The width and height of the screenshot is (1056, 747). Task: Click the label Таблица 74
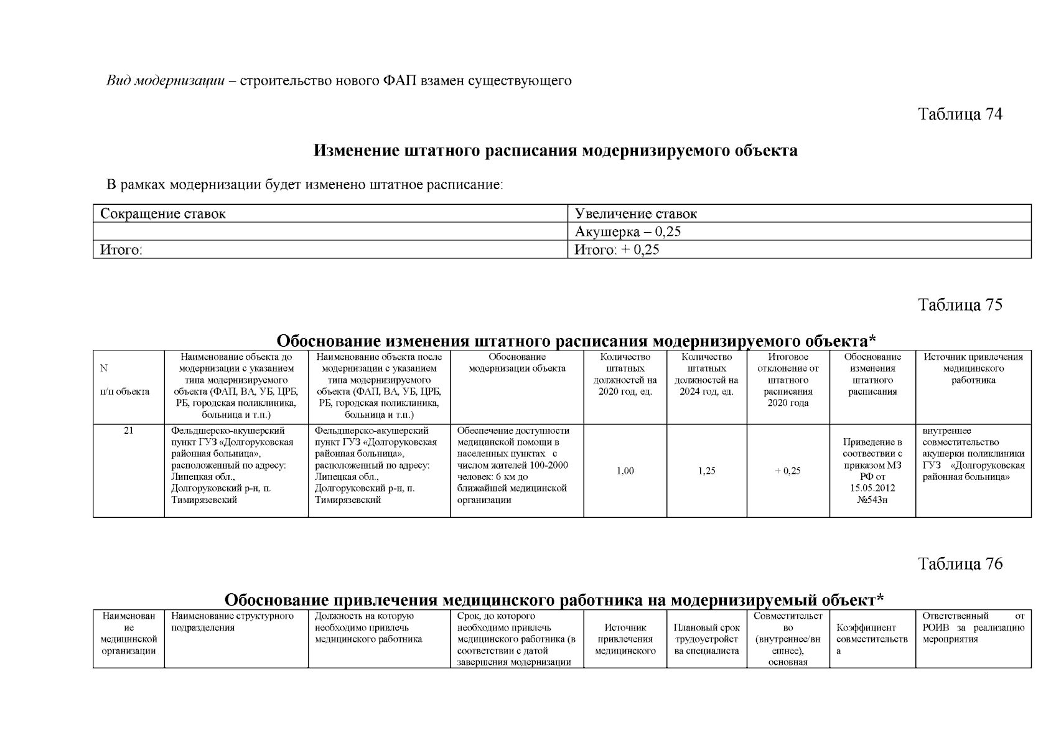coord(960,115)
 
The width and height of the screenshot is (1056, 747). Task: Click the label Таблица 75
coord(960,305)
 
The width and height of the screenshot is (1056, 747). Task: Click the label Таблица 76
coord(960,564)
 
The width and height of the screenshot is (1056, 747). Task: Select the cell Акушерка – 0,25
coord(628,232)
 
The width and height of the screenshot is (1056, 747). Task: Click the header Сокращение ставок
coord(163,214)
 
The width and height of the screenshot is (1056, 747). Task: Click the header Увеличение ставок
coord(636,214)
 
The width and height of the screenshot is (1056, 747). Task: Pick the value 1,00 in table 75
coord(625,471)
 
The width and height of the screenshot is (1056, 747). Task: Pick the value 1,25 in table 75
coord(706,471)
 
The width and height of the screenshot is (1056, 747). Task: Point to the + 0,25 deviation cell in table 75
coord(788,471)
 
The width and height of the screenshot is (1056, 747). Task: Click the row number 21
coord(128,431)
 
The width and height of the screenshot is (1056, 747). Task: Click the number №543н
coord(872,500)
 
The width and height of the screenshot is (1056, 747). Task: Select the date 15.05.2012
coord(872,489)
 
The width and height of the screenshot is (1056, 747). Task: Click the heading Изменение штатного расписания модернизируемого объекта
coord(555,151)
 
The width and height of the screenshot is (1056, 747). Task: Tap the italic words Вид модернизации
coord(165,81)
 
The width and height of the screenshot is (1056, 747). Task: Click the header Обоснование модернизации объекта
coord(516,362)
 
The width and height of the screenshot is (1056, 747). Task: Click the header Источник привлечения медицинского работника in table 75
coord(973,368)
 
